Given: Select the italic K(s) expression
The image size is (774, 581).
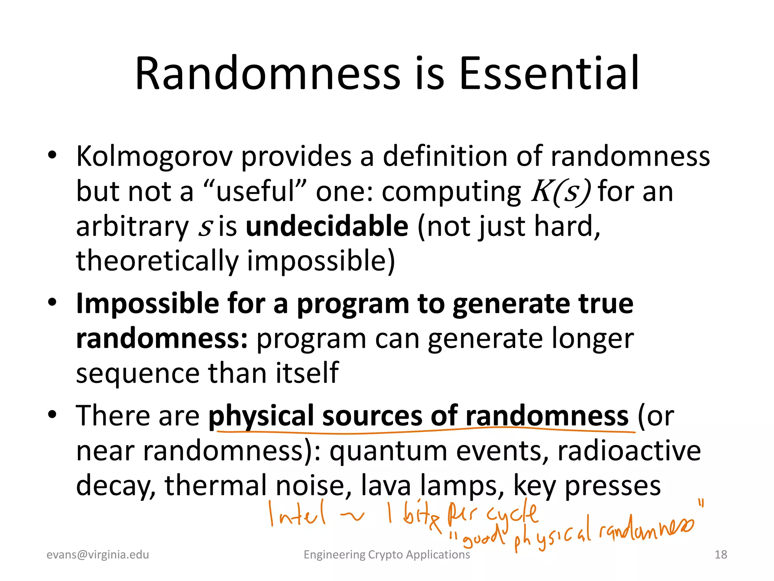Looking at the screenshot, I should pos(561,191).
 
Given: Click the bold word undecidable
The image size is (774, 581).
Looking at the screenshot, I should pos(327,226).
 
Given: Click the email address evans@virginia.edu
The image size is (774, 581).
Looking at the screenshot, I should pos(98,555).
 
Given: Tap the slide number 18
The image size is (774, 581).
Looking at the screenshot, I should pos(721,555).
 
